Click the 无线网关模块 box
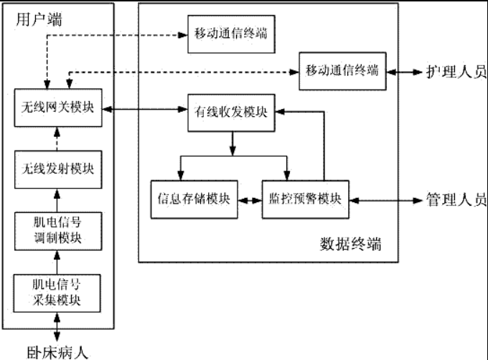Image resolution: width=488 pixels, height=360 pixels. point(57,110)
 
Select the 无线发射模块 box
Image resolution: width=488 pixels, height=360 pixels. point(57,169)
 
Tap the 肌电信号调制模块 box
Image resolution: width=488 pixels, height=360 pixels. point(57,229)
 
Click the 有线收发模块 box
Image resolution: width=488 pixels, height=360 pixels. point(231,112)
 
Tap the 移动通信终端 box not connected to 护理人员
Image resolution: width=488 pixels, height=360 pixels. point(230,34)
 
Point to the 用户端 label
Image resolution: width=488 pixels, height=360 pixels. point(38,19)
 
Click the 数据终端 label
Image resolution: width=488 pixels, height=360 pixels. point(349,244)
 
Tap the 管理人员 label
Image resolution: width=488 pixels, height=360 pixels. point(455,199)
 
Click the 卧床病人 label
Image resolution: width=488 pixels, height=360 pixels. point(57,351)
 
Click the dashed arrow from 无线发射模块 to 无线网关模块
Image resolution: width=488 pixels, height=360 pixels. point(57,139)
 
